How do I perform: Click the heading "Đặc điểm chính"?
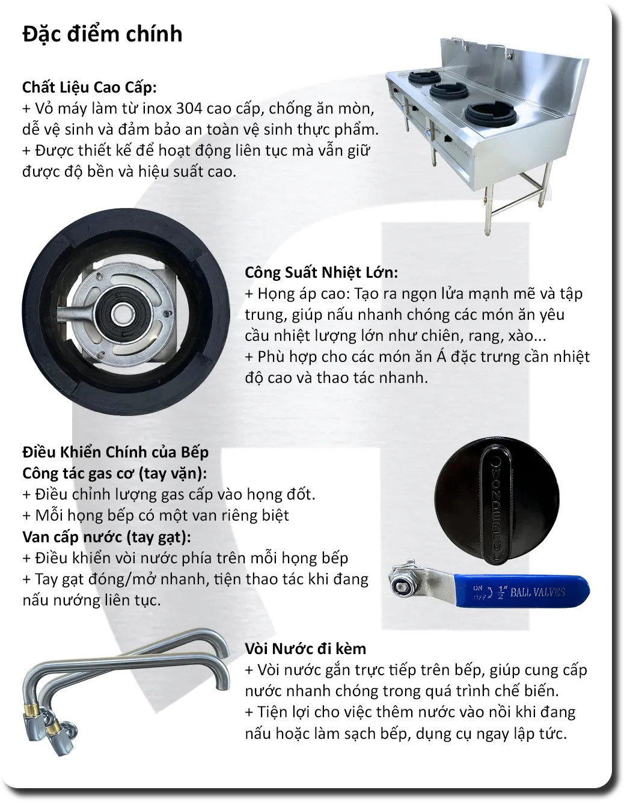(x=102, y=34)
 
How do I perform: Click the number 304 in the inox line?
(x=189, y=109)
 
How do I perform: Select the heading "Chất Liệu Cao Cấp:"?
(x=89, y=87)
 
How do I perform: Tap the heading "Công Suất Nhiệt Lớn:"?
(x=321, y=272)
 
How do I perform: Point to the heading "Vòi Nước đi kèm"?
(x=305, y=648)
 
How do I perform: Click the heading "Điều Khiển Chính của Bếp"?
(x=115, y=452)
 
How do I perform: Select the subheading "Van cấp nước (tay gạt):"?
(x=106, y=537)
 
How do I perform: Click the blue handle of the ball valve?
(x=521, y=591)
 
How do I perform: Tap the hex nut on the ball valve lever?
(x=402, y=586)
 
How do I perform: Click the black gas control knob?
(x=497, y=500)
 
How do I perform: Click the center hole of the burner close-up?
(x=121, y=314)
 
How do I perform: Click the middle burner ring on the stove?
(x=448, y=90)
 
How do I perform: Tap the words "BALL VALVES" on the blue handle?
(x=537, y=592)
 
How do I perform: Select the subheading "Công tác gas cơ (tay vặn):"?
(x=114, y=473)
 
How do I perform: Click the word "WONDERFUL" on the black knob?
(x=496, y=510)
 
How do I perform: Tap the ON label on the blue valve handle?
(x=478, y=588)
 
